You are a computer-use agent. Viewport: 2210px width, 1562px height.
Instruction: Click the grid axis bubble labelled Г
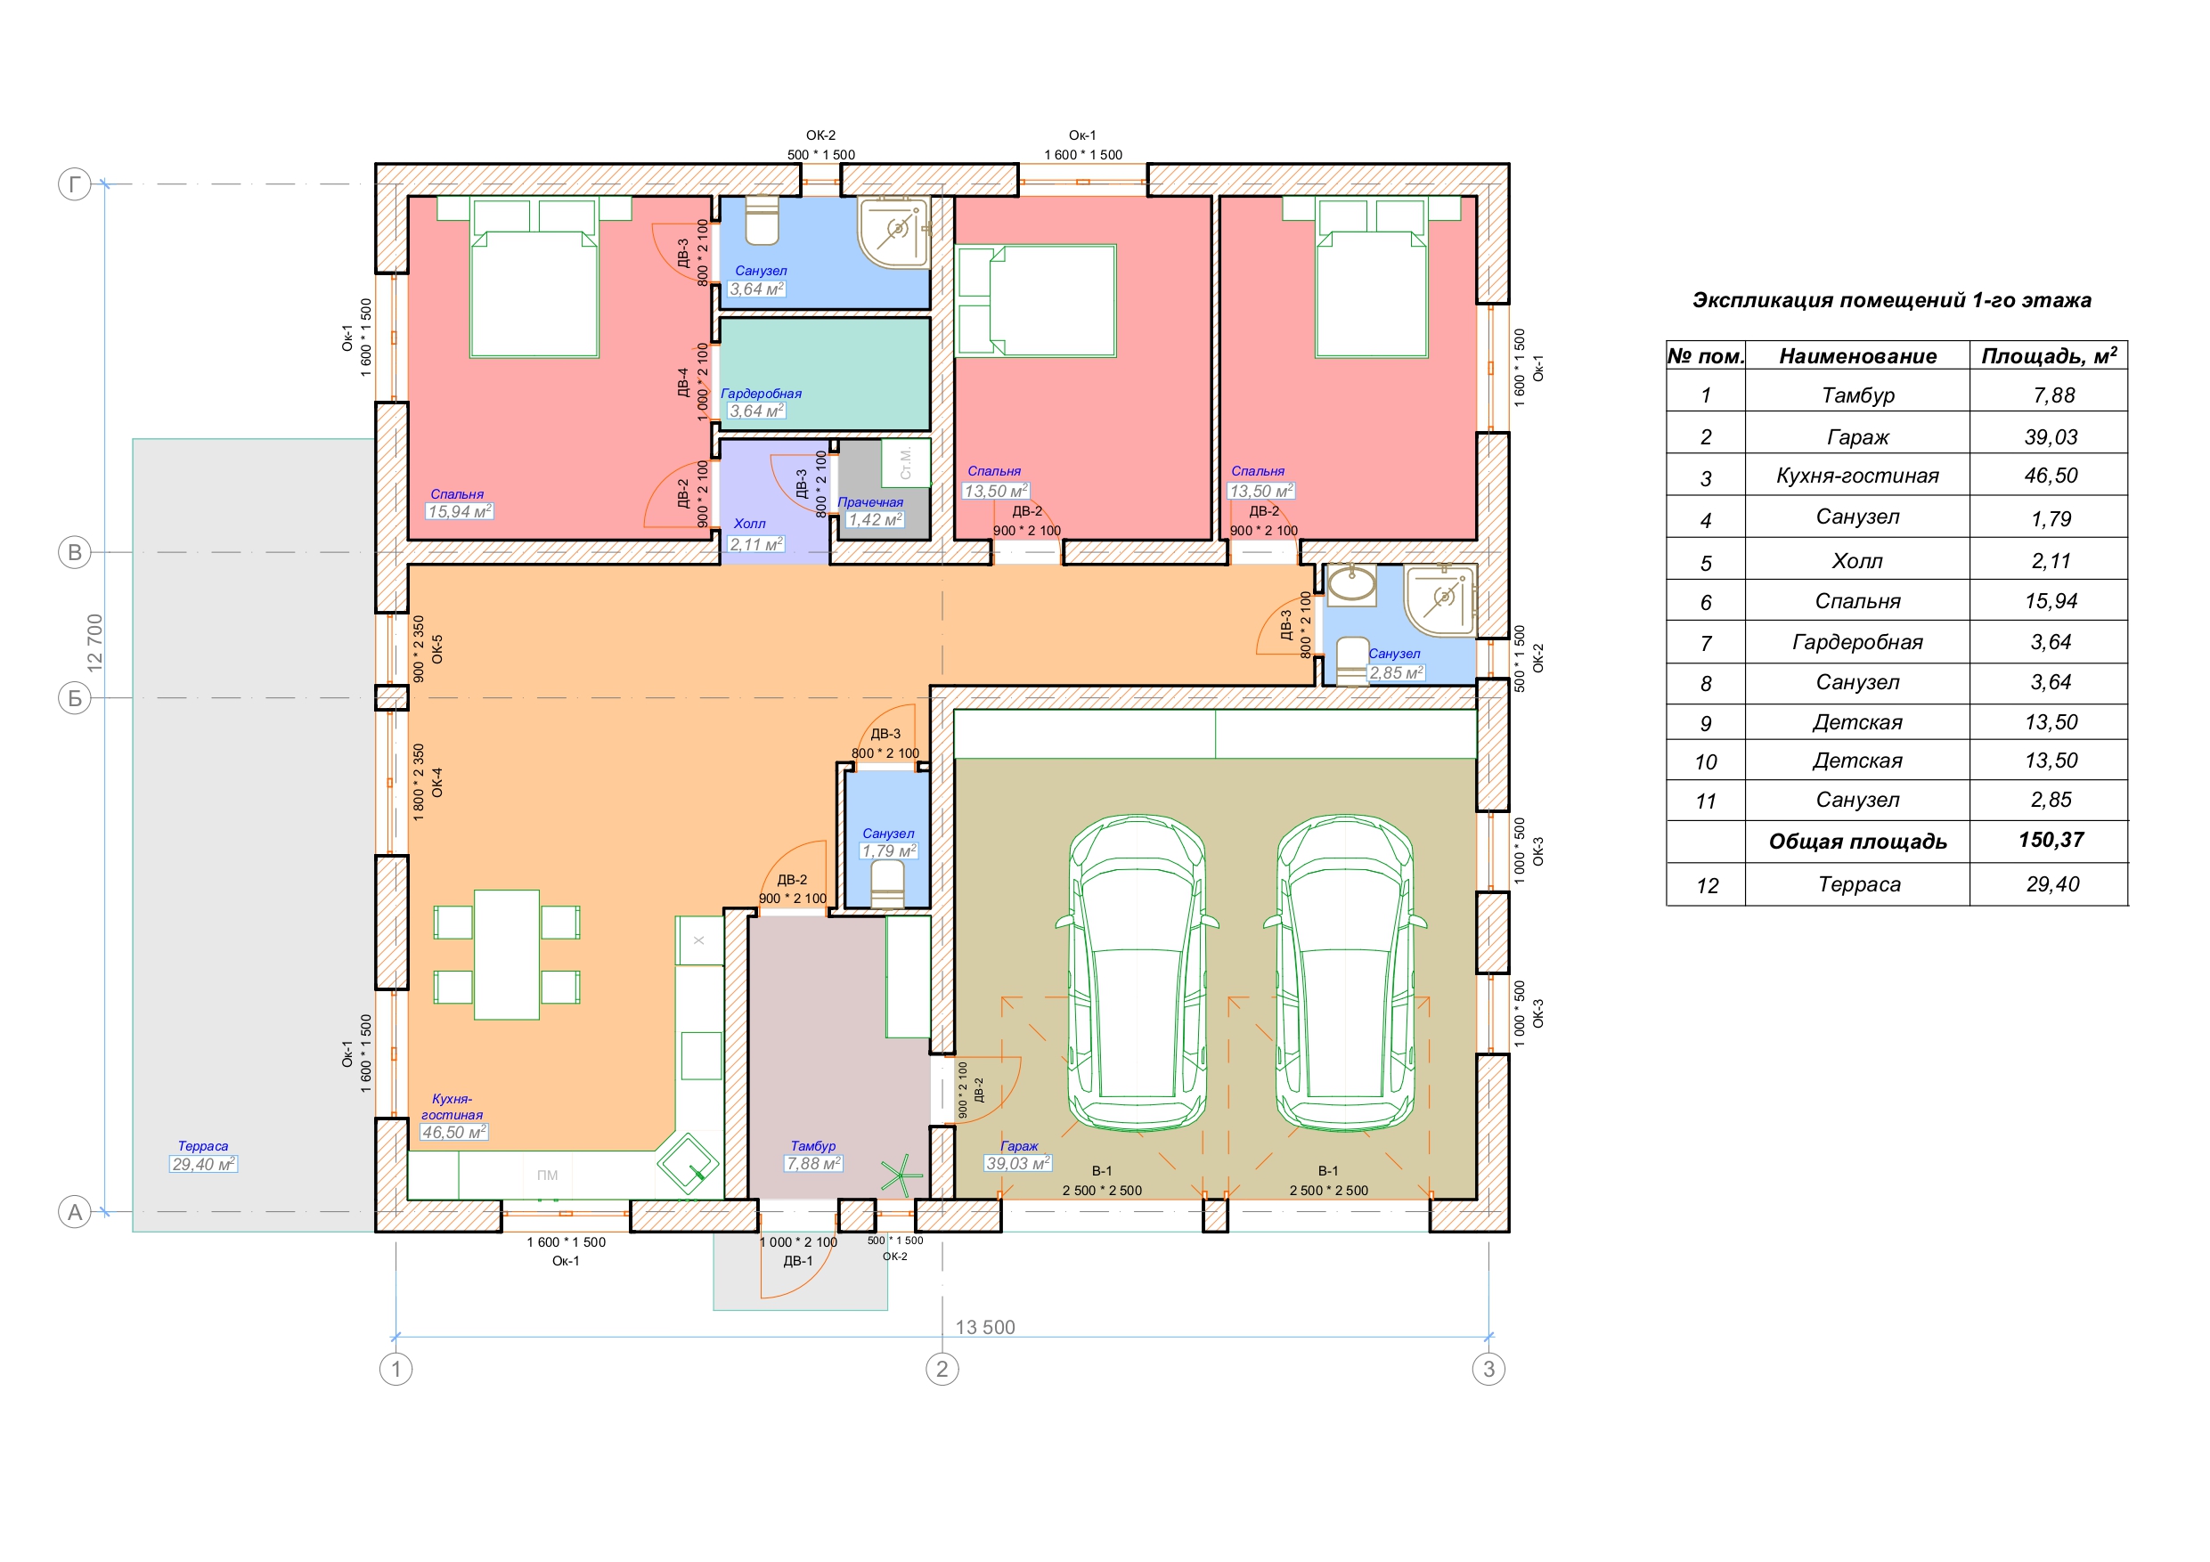[75, 183]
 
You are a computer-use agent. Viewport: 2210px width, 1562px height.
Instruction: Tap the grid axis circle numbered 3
[1488, 1369]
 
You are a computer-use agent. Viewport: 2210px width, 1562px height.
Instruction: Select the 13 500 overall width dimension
[984, 1327]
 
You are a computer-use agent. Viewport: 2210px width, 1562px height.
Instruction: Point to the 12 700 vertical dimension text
[94, 643]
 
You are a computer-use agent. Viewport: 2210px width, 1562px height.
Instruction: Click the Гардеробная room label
[761, 394]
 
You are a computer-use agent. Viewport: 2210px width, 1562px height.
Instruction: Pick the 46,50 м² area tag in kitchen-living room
[454, 1133]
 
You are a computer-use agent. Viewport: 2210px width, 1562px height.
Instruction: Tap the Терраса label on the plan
[203, 1146]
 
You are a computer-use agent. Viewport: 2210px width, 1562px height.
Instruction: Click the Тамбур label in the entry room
[813, 1146]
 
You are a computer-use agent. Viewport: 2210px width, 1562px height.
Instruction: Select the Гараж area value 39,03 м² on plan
[1017, 1164]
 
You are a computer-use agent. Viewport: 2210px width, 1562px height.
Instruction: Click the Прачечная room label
[870, 502]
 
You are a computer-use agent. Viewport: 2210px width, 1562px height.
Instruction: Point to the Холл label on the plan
[750, 524]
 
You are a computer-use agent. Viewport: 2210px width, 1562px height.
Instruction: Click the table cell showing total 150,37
[2051, 840]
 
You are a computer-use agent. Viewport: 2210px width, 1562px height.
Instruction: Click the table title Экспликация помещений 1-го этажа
[1891, 300]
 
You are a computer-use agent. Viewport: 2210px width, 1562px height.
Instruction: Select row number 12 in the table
[1707, 885]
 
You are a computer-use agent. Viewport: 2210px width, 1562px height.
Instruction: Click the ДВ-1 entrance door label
[798, 1261]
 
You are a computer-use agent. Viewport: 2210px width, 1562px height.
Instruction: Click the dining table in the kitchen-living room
[506, 955]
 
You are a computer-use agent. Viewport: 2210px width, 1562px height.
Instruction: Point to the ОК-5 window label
[437, 649]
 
